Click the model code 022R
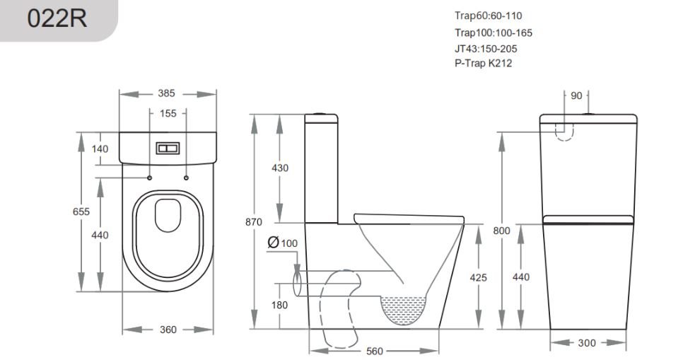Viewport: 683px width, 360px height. click(57, 18)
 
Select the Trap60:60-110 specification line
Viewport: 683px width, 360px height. click(489, 16)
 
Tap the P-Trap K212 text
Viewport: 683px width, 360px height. click(483, 63)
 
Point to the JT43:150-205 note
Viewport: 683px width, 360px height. click(486, 49)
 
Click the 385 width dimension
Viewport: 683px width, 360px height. click(166, 93)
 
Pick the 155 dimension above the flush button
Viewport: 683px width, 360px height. click(168, 113)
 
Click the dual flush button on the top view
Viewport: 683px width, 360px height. click(168, 149)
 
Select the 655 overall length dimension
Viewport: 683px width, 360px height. click(81, 211)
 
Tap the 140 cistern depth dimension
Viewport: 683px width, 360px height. click(100, 149)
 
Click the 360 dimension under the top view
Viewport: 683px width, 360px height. click(168, 330)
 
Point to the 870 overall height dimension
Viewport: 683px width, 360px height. click(254, 222)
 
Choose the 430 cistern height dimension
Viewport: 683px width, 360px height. click(280, 168)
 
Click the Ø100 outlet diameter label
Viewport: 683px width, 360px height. click(283, 243)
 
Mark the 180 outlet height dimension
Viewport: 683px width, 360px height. click(279, 305)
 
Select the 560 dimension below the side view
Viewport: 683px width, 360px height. click(374, 351)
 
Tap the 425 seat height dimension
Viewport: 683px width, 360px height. click(478, 278)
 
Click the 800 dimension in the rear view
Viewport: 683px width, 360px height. click(501, 231)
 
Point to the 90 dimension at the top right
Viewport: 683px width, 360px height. click(576, 96)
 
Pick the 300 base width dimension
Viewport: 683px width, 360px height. click(587, 343)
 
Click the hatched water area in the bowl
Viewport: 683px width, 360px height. click(404, 308)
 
